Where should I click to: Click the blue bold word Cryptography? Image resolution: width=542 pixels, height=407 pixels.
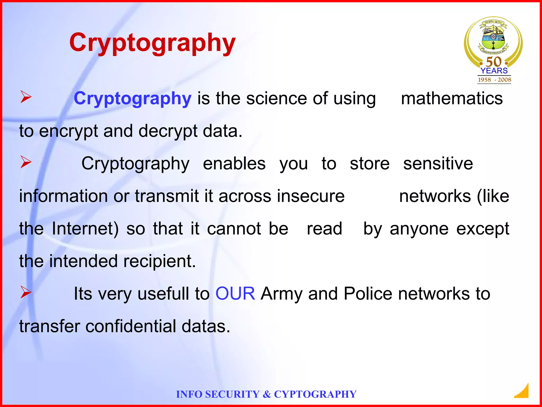point(132,99)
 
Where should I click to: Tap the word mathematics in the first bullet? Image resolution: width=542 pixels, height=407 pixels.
point(452,99)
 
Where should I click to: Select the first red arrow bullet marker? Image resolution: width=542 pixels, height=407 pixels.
point(26,97)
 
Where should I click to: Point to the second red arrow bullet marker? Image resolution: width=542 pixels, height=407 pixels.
point(26,162)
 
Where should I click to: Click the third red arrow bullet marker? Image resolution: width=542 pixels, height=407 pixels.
point(26,292)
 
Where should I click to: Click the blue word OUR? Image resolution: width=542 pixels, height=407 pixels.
point(235,294)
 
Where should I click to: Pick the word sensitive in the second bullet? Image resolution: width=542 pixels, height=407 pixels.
point(438,163)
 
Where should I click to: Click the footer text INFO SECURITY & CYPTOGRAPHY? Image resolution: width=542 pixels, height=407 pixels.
point(266,394)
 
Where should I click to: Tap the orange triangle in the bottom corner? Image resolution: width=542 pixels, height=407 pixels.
point(523,392)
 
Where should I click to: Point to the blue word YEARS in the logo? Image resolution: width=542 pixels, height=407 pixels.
point(494,71)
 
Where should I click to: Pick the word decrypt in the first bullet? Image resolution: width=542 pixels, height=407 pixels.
point(168,131)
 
